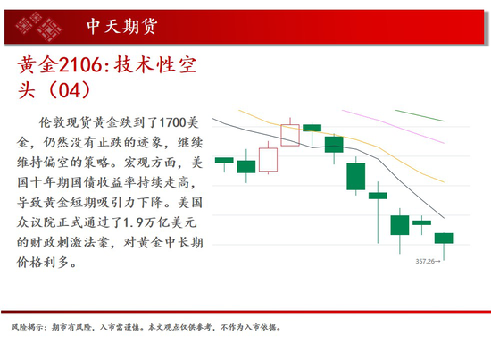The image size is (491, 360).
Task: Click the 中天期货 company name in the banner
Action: tap(121, 26)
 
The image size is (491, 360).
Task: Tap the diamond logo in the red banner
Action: tap(38, 27)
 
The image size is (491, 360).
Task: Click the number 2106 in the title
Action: tap(80, 65)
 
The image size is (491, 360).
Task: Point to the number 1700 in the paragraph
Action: tap(173, 122)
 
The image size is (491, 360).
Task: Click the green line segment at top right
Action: tap(420, 115)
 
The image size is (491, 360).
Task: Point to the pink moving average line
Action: tap(393, 126)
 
